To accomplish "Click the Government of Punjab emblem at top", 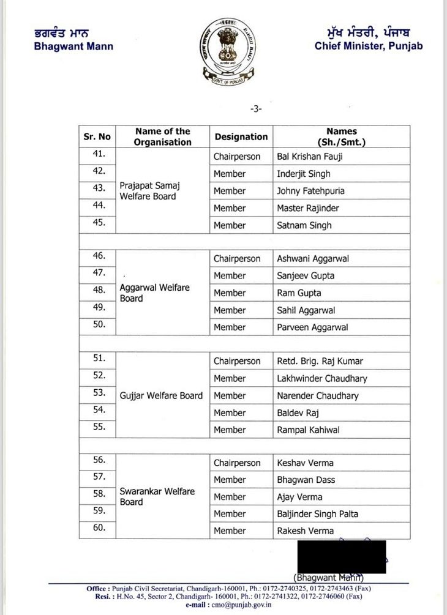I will click(223, 52).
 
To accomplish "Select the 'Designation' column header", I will click(241, 136).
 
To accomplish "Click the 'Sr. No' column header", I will click(97, 136).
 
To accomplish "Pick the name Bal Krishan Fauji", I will click(309, 157).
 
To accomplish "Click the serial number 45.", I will click(99, 223).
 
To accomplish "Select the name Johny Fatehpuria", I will click(310, 191).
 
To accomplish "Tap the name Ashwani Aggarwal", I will click(313, 259).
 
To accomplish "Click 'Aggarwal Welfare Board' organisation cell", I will click(155, 293).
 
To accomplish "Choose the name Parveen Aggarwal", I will click(312, 327).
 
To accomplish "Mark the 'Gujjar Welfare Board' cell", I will click(161, 395).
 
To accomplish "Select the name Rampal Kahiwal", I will click(309, 430).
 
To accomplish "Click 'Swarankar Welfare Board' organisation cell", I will click(157, 496).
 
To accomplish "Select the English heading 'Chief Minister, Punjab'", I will click(369, 46).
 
